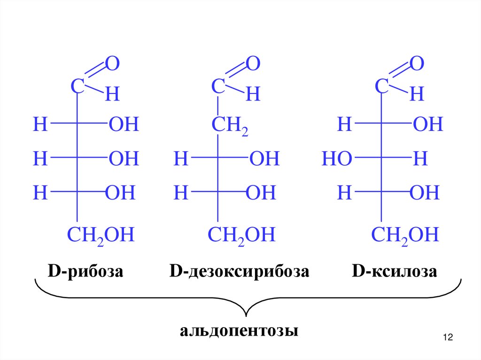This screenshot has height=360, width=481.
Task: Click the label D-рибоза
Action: pyautogui.click(x=85, y=272)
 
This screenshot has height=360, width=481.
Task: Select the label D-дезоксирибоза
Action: pyautogui.click(x=240, y=272)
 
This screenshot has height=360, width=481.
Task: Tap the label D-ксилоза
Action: pyautogui.click(x=395, y=272)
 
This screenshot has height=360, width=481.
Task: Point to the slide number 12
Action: pyautogui.click(x=447, y=337)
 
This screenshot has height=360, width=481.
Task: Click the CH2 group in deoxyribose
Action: pyautogui.click(x=229, y=126)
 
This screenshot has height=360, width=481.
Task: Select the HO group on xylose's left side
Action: pyautogui.click(x=337, y=160)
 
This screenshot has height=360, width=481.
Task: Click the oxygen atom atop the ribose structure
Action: pyautogui.click(x=112, y=64)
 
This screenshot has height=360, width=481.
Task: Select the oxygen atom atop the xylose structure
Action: pyautogui.click(x=417, y=64)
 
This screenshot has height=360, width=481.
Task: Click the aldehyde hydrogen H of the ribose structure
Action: pyautogui.click(x=112, y=95)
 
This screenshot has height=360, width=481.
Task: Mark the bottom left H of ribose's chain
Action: pyautogui.click(x=40, y=193)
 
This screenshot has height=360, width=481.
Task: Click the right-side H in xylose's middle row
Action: pyautogui.click(x=420, y=160)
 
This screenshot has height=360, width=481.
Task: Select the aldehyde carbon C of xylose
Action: pyautogui.click(x=382, y=86)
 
